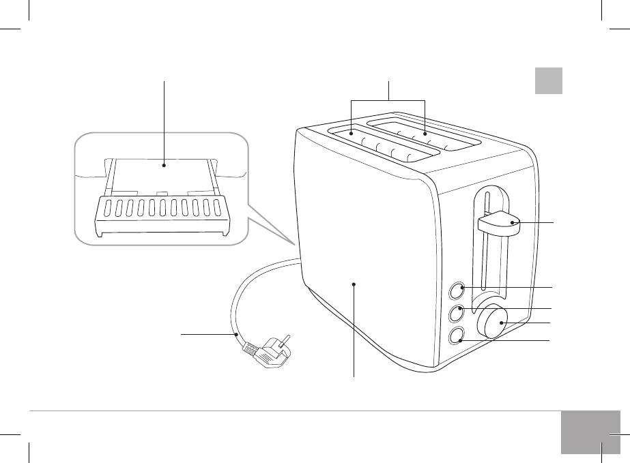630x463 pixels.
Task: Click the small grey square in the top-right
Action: coord(548,80)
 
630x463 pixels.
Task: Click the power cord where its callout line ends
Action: coord(235,335)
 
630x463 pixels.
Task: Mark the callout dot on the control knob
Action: coord(502,323)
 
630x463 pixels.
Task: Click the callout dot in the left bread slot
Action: coord(352,134)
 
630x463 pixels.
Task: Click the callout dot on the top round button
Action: coord(463,288)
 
